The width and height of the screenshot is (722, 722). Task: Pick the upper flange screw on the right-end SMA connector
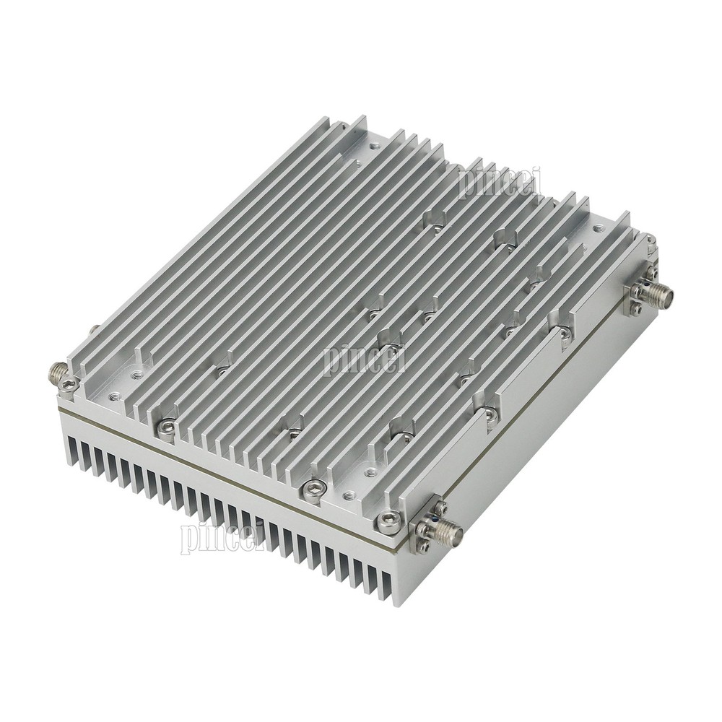(x=640, y=274)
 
